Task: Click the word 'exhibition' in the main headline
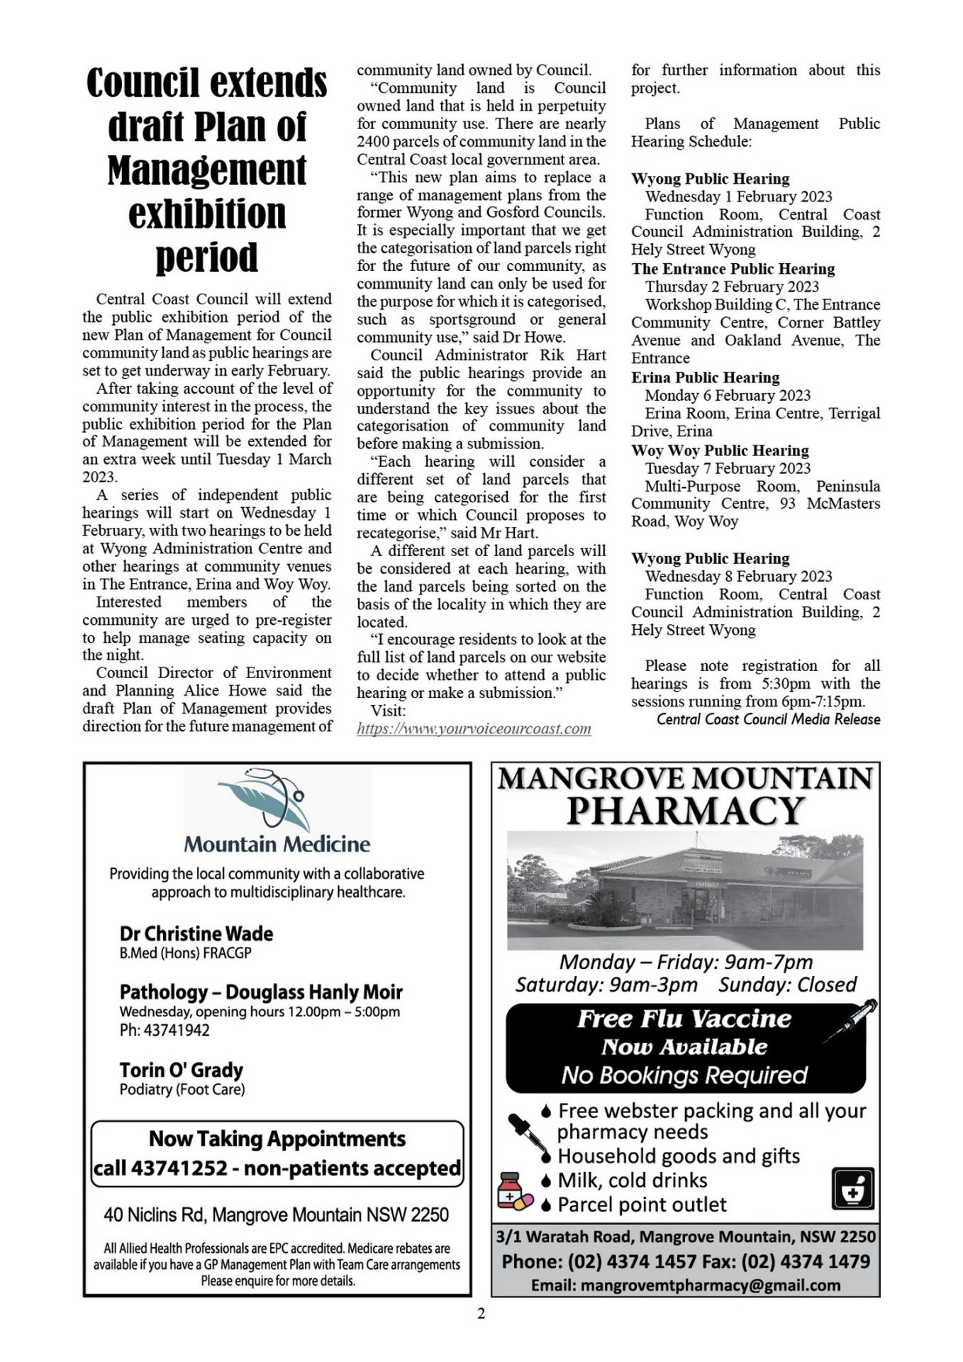tap(206, 213)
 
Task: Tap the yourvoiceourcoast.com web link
tap(474, 729)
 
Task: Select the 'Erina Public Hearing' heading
tap(705, 377)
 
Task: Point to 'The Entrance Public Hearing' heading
tap(733, 269)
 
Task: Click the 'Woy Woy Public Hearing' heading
tap(720, 450)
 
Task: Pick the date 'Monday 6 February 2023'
tap(728, 395)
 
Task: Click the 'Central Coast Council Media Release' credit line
tap(768, 719)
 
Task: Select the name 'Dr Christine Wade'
tap(196, 934)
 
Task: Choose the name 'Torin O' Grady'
tap(182, 1070)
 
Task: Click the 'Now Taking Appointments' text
tap(277, 1139)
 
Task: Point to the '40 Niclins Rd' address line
tap(276, 1215)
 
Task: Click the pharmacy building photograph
tap(685, 890)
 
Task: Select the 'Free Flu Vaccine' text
tap(684, 1019)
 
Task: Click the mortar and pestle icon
tap(852, 1187)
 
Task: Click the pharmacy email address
tap(685, 1285)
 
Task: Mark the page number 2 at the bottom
tap(481, 1314)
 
